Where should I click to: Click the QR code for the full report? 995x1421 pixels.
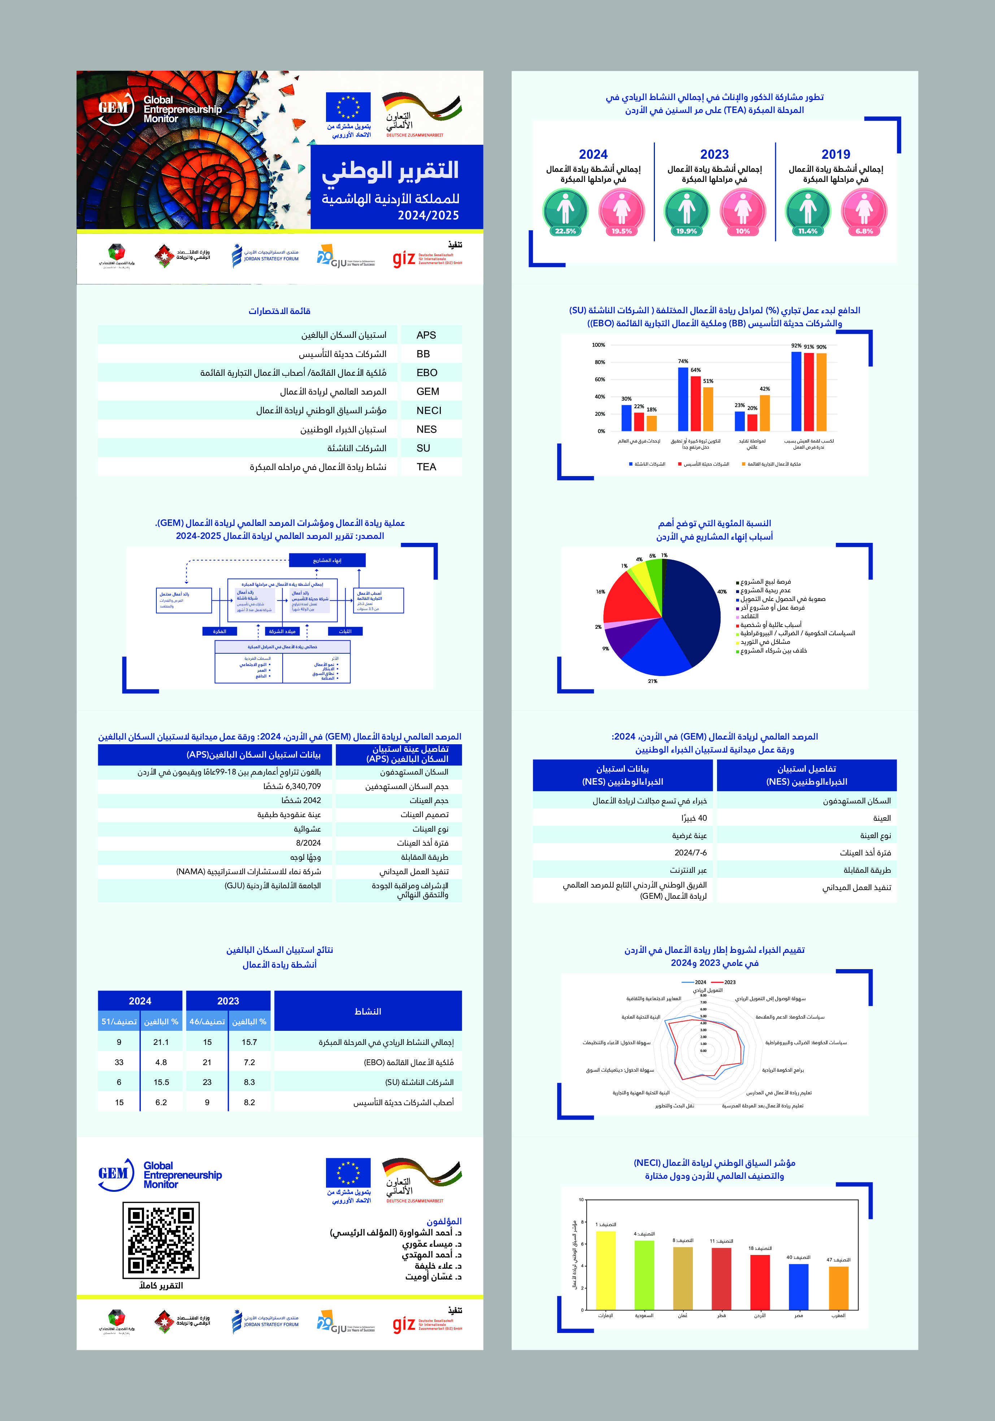coord(161,1240)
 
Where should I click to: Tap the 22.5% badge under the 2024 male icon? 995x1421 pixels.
coord(565,231)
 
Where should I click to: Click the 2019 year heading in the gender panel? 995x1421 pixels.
coord(835,154)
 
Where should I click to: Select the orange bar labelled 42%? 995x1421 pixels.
coord(765,413)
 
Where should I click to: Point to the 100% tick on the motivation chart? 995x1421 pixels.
coord(598,345)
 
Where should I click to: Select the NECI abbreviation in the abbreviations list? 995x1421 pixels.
coord(429,410)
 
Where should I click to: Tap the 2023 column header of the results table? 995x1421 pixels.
coord(228,1001)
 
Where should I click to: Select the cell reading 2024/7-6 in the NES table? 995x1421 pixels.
coord(690,852)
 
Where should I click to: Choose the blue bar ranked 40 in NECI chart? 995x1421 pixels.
coord(798,1286)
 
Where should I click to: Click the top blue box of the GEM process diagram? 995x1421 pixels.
coord(327,560)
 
